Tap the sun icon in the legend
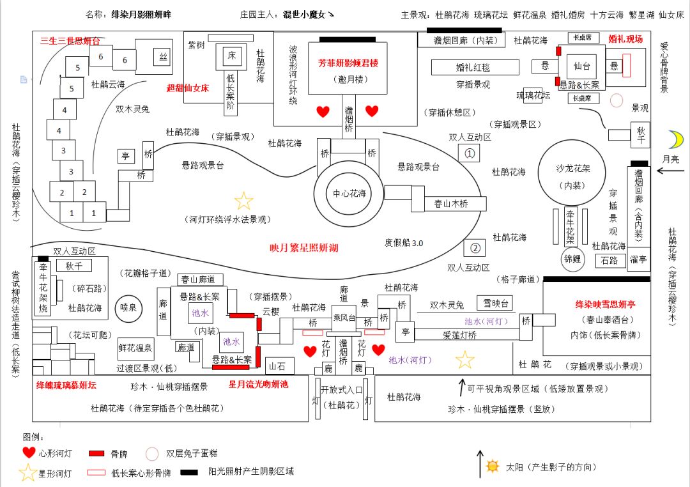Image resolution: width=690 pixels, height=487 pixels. [492, 466]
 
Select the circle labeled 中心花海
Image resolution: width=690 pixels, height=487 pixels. [349, 194]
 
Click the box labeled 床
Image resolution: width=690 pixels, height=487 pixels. [231, 56]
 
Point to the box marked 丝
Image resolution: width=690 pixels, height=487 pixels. [162, 58]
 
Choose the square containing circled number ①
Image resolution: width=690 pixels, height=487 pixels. [470, 154]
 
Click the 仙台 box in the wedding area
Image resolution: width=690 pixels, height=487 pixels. [581, 65]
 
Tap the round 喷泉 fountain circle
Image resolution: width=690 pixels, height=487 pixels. [125, 307]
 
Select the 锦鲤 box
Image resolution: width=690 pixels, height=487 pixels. [572, 259]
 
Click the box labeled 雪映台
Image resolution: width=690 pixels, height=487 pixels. [496, 303]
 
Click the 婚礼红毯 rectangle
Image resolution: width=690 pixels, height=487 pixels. [473, 66]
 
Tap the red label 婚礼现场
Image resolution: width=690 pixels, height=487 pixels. [625, 39]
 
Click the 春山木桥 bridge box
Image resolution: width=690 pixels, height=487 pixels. [451, 204]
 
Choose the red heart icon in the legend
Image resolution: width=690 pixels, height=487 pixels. [29, 453]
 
